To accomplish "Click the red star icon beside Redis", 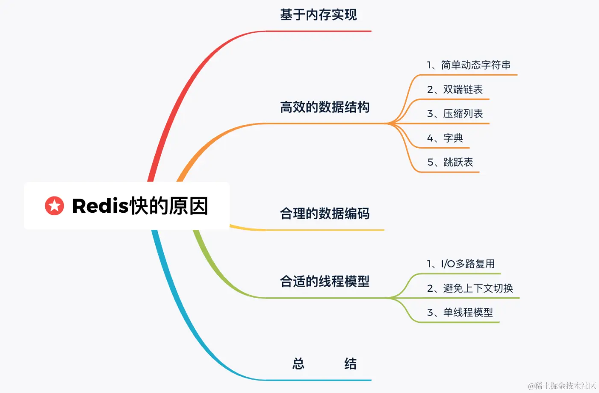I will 54,206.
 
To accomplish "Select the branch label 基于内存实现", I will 318,15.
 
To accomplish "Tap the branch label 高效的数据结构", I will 325,107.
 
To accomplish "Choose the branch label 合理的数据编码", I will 325,213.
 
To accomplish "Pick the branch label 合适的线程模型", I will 325,281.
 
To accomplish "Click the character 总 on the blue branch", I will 298,364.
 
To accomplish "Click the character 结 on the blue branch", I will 350,364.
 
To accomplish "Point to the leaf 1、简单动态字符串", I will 469,65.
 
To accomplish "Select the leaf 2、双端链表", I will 455,89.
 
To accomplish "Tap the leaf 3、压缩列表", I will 455,114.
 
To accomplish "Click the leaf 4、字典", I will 445,138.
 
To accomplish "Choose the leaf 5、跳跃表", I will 450,162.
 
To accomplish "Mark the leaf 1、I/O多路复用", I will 461,264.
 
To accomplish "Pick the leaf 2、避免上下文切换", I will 470,288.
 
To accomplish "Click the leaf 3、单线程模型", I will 460,312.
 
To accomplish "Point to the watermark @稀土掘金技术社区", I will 562,386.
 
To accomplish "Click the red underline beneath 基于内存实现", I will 319,31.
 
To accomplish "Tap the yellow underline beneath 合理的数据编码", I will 325,230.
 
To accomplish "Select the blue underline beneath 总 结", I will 319,380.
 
